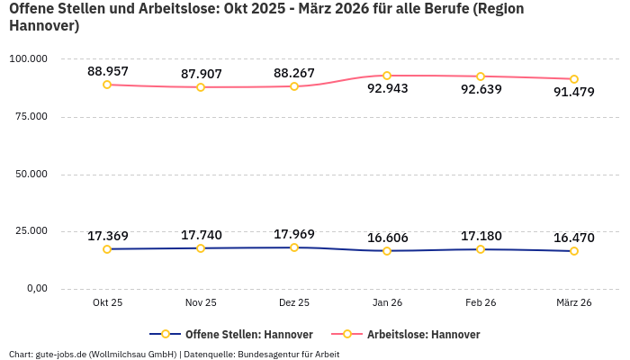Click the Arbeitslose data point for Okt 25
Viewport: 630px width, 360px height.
click(107, 85)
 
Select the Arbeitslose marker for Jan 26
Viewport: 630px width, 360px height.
click(387, 76)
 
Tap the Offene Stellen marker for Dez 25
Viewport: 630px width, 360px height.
click(294, 247)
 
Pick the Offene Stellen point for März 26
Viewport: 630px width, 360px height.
click(574, 251)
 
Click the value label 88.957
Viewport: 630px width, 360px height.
click(107, 71)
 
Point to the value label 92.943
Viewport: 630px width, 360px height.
click(387, 89)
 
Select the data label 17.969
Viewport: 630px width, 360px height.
click(294, 234)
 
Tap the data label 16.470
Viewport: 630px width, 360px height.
click(574, 238)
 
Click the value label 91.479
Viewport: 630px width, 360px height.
click(574, 92)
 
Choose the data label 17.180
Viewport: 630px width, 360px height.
click(481, 236)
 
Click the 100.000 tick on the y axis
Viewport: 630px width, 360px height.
click(28, 58)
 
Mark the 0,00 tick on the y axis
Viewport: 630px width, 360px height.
click(35, 288)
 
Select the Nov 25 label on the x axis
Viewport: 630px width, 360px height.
click(201, 303)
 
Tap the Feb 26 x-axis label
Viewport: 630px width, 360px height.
click(481, 303)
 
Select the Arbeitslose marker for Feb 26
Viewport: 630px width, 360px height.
click(481, 76)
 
